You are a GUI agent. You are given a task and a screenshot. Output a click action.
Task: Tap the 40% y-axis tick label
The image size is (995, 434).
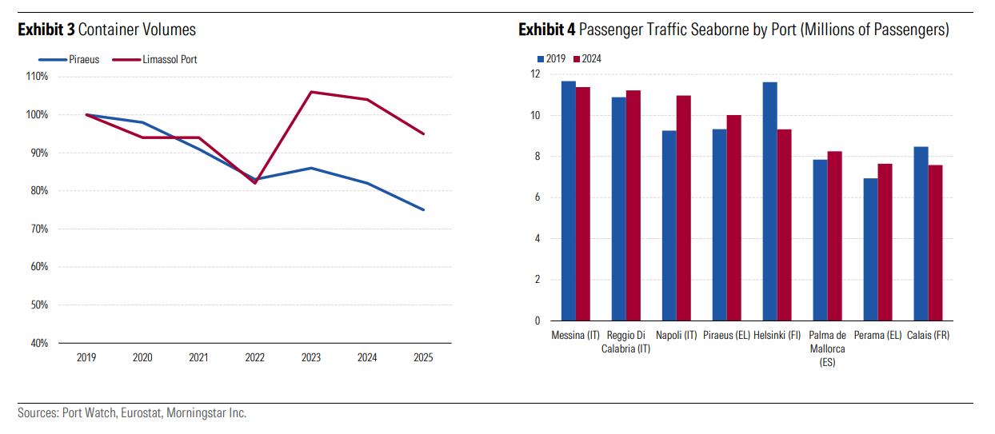(38, 343)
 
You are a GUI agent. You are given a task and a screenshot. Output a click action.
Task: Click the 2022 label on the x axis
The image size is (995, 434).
(254, 358)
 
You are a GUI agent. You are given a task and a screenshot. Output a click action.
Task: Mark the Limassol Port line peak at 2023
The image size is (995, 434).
(310, 92)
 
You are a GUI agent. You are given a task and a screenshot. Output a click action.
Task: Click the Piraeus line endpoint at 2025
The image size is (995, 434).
(423, 209)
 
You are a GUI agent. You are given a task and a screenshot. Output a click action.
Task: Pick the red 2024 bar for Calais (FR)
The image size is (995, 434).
(936, 243)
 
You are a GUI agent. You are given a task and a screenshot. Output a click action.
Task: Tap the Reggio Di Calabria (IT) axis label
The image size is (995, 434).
(625, 342)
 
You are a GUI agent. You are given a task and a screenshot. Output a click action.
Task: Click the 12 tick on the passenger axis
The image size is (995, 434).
(535, 74)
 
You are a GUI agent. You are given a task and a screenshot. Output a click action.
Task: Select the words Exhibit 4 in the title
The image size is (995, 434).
(546, 30)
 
